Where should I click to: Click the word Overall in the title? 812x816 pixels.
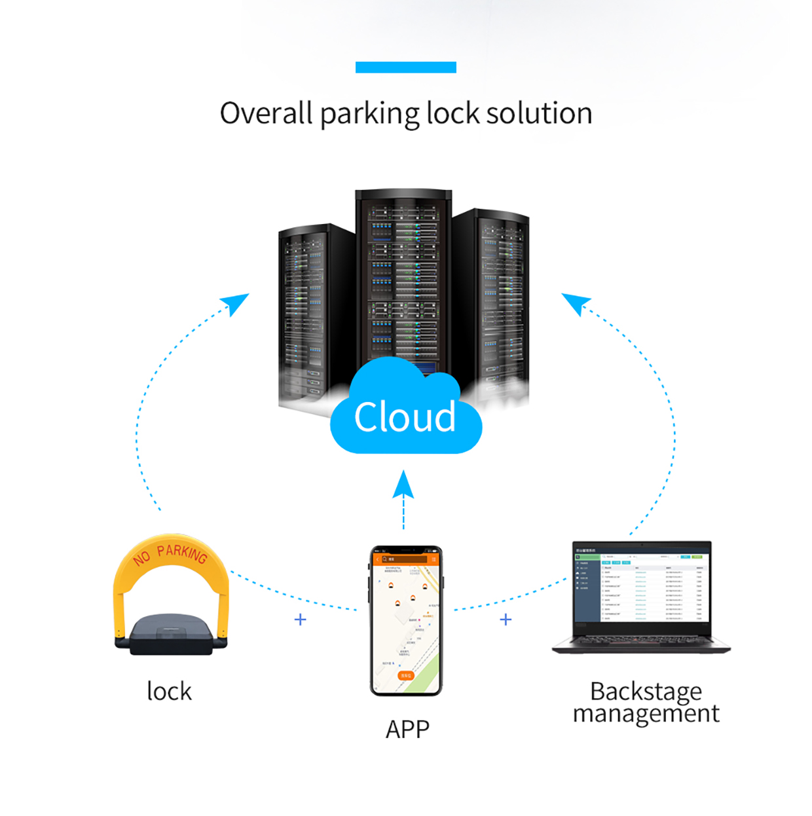pyautogui.click(x=266, y=113)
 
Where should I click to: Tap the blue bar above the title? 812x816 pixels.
pyautogui.click(x=405, y=67)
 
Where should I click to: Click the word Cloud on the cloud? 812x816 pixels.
pyautogui.click(x=405, y=417)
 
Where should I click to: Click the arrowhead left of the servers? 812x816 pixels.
pyautogui.click(x=237, y=303)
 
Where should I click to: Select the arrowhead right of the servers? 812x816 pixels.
pyautogui.click(x=575, y=303)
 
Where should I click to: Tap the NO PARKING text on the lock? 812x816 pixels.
pyautogui.click(x=170, y=554)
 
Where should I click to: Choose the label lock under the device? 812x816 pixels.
pyautogui.click(x=169, y=692)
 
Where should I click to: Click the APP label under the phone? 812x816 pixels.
pyautogui.click(x=407, y=729)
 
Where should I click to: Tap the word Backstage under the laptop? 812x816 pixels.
pyautogui.click(x=646, y=691)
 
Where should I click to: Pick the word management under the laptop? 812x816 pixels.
pyautogui.click(x=646, y=713)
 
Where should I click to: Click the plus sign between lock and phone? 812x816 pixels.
pyautogui.click(x=301, y=620)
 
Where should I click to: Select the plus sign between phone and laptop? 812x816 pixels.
pyautogui.click(x=506, y=620)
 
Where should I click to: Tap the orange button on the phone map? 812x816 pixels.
pyautogui.click(x=406, y=675)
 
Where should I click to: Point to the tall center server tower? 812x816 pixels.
pyautogui.click(x=403, y=275)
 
